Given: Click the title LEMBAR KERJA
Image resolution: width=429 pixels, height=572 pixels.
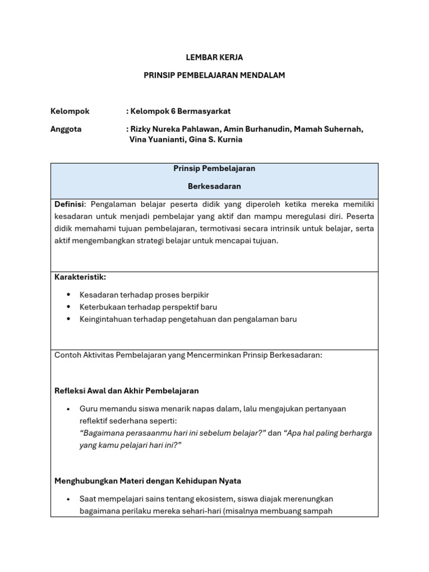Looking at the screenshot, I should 214,58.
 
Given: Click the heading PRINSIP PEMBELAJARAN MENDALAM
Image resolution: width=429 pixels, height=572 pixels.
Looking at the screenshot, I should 214,75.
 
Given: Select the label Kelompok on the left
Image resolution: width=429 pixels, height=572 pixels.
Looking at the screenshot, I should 70,111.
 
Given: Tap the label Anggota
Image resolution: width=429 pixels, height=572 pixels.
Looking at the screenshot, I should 66,129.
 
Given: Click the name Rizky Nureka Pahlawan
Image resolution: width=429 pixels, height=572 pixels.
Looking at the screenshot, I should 174,129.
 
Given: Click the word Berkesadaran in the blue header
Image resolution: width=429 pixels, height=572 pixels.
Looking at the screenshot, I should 214,186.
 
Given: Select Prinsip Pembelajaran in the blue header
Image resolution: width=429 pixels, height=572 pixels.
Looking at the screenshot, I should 214,168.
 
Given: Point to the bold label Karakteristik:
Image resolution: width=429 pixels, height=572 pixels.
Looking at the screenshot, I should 80,277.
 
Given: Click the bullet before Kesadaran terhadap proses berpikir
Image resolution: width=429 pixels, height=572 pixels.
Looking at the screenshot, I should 68,294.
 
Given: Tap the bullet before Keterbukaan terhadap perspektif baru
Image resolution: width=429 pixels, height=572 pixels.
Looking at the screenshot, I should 68,307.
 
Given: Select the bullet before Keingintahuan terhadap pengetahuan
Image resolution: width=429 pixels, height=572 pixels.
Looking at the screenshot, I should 68,319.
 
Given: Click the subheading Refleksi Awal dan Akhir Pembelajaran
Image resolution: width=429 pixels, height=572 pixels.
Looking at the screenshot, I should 126,390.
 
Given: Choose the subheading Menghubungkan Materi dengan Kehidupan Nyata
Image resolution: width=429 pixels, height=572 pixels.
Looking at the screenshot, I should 147,480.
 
